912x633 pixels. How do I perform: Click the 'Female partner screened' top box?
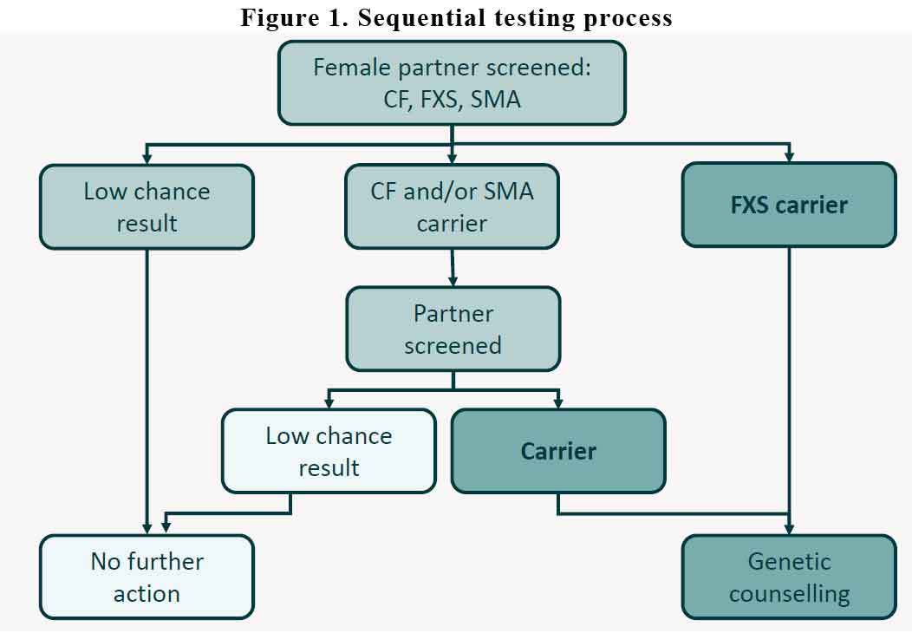point(452,83)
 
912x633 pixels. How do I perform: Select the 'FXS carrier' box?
point(789,206)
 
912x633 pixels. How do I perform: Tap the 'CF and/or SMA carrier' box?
point(452,207)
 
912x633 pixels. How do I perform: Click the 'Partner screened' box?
point(453,330)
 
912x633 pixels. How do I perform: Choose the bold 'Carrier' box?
point(558,452)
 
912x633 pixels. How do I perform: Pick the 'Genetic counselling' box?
point(789,578)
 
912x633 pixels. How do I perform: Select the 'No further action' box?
point(147,578)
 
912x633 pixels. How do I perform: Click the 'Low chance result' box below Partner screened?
point(329,452)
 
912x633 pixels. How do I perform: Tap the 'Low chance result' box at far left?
point(147,207)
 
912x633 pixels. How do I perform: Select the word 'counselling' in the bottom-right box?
point(789,594)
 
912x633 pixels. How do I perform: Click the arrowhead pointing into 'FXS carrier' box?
point(789,157)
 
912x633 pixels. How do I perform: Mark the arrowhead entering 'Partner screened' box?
point(453,281)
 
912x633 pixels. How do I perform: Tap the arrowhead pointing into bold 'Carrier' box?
point(558,403)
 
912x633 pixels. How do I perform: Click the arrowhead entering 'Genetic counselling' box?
point(789,529)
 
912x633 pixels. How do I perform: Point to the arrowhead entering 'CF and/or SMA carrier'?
point(452,158)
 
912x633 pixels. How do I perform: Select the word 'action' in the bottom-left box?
point(147,594)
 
